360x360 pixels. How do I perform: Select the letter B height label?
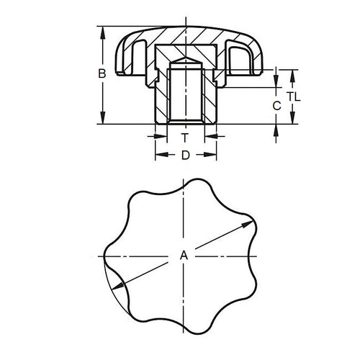(x=102, y=73)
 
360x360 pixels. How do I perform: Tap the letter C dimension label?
(x=276, y=105)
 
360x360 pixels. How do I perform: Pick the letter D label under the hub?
(x=185, y=155)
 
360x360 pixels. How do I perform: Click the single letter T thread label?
(x=185, y=137)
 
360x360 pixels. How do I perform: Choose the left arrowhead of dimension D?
(x=158, y=155)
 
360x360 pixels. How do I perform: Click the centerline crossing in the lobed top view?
(x=185, y=256)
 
